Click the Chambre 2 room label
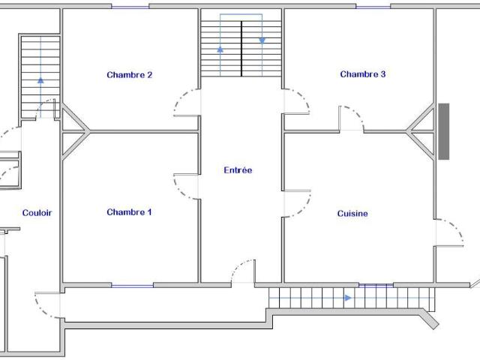130,75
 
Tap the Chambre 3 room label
363,74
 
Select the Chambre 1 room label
129,211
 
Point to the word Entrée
238,170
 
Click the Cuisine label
352,213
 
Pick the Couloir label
37,213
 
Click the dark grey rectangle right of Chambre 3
443,131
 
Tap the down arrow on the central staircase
262,40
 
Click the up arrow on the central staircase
220,49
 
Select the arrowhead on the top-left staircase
40,80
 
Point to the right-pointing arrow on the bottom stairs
348,298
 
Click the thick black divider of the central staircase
241,49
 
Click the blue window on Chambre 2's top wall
130,7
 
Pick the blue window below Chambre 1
132,286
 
